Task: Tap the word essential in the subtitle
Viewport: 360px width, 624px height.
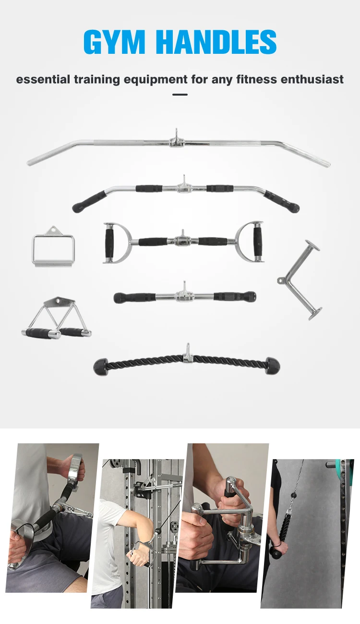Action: point(43,79)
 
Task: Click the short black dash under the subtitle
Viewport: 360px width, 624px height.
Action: point(180,95)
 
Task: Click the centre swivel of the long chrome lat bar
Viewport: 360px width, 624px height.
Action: point(177,141)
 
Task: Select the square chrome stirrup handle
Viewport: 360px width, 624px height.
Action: point(53,248)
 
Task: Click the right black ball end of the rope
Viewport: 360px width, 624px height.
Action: point(272,366)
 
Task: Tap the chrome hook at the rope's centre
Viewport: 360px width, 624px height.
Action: point(187,354)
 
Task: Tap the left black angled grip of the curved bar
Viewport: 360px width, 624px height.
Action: point(90,201)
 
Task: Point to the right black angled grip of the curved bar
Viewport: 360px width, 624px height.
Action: point(282,201)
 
